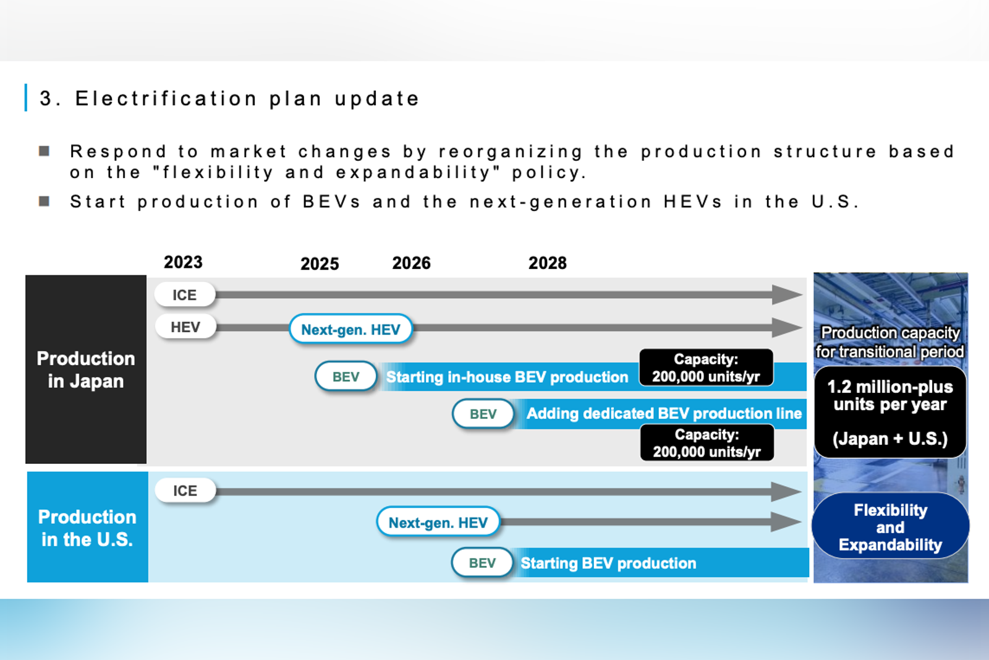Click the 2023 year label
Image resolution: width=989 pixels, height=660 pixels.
coord(183,262)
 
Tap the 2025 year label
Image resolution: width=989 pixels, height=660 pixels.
coord(320,264)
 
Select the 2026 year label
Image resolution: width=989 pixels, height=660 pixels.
coord(411,264)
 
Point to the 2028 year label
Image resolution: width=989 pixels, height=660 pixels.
coord(547,264)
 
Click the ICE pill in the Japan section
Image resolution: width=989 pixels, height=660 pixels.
coord(185,295)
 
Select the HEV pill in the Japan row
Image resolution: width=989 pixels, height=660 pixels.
coord(185,327)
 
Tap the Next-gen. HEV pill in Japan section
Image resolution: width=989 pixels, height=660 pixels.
coord(350,330)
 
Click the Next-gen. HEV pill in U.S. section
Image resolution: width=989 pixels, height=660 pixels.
coord(438,523)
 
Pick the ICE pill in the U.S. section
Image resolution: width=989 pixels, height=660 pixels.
coord(185,491)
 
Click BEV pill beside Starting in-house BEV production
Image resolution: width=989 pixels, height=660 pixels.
coord(346,377)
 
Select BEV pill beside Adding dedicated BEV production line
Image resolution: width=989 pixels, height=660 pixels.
coord(483,414)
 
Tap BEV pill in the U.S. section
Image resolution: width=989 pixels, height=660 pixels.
coord(482,563)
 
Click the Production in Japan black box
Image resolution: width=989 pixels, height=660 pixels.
coord(86,369)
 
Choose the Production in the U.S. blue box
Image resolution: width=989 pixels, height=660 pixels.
coord(87,527)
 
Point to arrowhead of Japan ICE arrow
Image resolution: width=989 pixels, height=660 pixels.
coord(787,294)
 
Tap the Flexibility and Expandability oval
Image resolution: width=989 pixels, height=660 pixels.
coord(890,527)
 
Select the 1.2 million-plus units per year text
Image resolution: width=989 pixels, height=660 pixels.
coord(890,396)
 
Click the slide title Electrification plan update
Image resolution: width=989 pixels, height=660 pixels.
coord(229,98)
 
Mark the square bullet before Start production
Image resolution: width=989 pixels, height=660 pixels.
coord(45,202)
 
